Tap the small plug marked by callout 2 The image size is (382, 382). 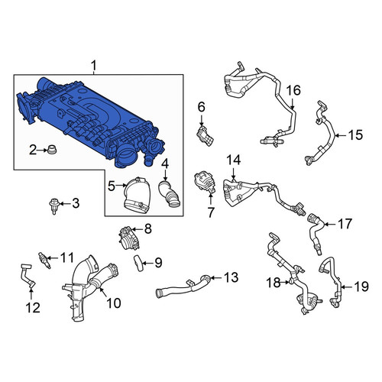(52, 149)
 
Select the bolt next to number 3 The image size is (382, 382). (54, 206)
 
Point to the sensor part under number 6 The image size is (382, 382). (206, 136)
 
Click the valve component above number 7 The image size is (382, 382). (205, 183)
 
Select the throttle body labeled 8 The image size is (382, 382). (129, 238)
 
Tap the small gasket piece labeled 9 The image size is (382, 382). (139, 264)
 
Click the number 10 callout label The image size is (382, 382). (114, 303)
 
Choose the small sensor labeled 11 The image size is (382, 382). (44, 260)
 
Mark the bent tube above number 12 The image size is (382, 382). (27, 277)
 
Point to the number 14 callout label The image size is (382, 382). (234, 160)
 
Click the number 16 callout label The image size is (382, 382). (293, 90)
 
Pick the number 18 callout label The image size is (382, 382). (274, 282)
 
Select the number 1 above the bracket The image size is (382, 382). (94, 66)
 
